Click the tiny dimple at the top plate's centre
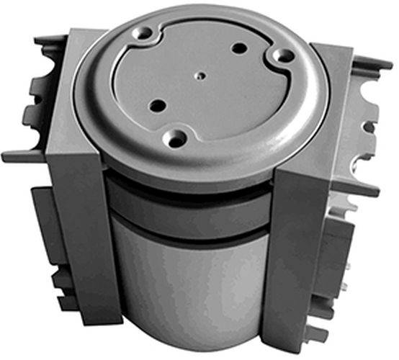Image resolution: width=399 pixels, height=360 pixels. pos(198,73)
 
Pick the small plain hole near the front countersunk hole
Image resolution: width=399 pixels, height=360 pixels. pos(154,106)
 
